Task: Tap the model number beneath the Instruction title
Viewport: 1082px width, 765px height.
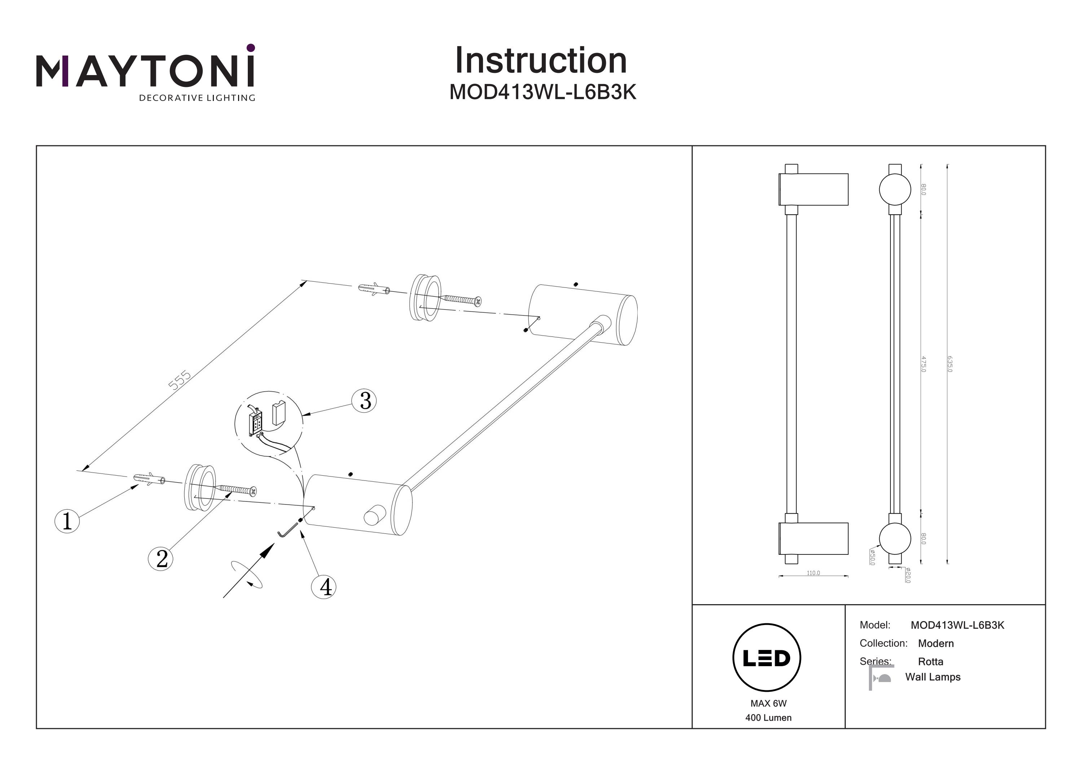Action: point(542,92)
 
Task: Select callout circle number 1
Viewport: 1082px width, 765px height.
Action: point(67,521)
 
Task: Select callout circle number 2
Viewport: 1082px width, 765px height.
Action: point(161,559)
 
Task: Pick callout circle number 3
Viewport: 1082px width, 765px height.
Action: point(365,401)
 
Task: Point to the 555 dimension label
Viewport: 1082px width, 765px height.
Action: point(180,380)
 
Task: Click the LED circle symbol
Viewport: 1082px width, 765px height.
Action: point(767,658)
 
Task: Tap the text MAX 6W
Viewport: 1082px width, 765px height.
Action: point(768,703)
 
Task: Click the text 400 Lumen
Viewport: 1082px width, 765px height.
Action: point(768,718)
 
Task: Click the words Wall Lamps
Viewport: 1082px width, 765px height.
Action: point(933,677)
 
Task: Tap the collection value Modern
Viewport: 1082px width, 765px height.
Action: point(936,643)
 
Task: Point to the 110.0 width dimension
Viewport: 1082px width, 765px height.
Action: point(813,573)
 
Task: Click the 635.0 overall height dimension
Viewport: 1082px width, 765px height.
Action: point(949,364)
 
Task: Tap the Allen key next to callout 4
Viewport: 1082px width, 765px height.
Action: point(284,533)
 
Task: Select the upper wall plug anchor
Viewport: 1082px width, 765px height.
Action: point(374,289)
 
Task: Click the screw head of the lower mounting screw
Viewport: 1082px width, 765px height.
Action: point(253,492)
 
